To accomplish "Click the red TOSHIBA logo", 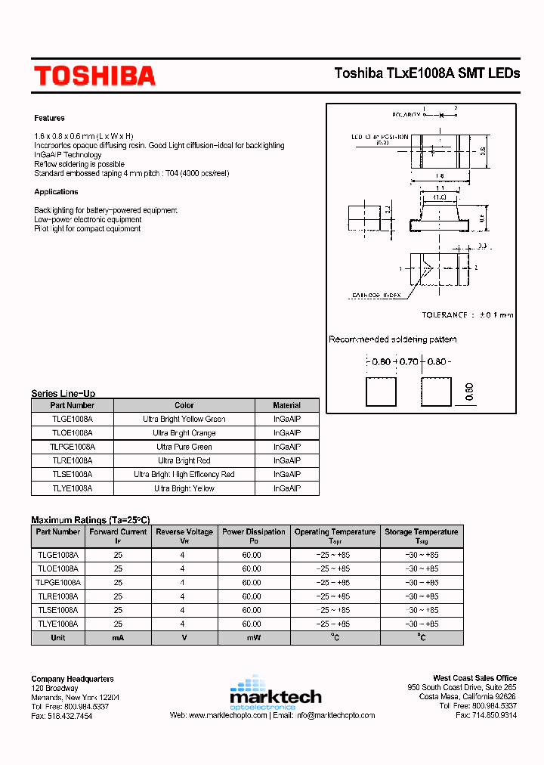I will (94, 76).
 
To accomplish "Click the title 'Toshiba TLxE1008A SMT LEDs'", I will (427, 73).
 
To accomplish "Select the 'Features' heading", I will (49, 118).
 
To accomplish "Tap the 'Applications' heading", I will (56, 192).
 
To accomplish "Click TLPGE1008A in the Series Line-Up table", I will (73, 447).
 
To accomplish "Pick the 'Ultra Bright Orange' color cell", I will (184, 433).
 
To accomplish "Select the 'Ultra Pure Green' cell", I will (184, 447).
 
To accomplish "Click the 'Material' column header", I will (286, 405).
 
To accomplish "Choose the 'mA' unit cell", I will (118, 638).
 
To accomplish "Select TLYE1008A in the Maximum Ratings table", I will (57, 624).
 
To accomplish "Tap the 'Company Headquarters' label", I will (73, 679).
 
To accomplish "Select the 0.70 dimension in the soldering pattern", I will (408, 362).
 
